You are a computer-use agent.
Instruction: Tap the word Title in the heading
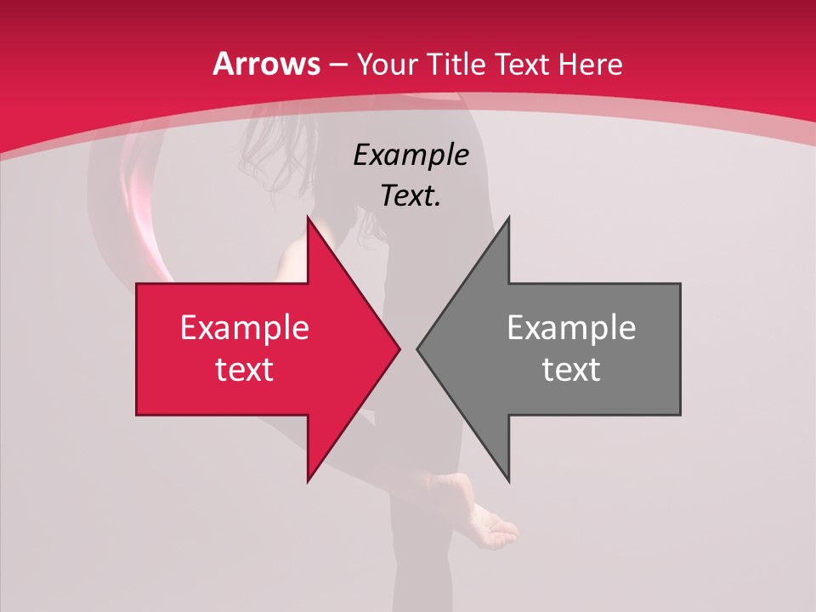[x=455, y=64]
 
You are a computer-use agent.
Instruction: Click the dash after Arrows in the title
[x=338, y=65]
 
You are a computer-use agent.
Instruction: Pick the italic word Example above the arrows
[x=411, y=156]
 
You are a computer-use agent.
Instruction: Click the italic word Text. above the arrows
[x=411, y=195]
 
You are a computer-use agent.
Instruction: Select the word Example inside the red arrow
[x=245, y=328]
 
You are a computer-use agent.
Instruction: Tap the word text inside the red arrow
[x=245, y=369]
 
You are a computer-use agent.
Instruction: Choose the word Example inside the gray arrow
[x=571, y=328]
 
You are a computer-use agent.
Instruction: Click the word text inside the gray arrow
[x=571, y=369]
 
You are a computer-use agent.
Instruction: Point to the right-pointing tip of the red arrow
[x=399, y=348]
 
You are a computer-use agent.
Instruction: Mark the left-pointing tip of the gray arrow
[x=417, y=348]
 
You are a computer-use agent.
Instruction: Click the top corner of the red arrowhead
[x=309, y=218]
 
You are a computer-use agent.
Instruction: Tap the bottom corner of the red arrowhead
[x=309, y=480]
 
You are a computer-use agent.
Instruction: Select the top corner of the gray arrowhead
[x=508, y=218]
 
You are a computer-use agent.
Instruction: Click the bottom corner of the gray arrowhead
[x=508, y=480]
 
